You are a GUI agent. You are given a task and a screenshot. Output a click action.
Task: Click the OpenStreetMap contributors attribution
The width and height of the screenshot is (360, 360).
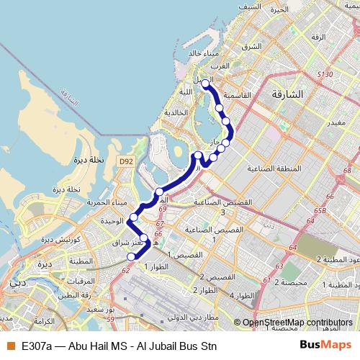297,323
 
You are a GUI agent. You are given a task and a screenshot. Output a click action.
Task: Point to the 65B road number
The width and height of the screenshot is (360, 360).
320,212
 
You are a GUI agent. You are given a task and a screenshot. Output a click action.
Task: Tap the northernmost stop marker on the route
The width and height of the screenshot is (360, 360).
205,84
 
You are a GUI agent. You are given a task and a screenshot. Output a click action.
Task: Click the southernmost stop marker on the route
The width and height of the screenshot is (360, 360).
131,256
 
